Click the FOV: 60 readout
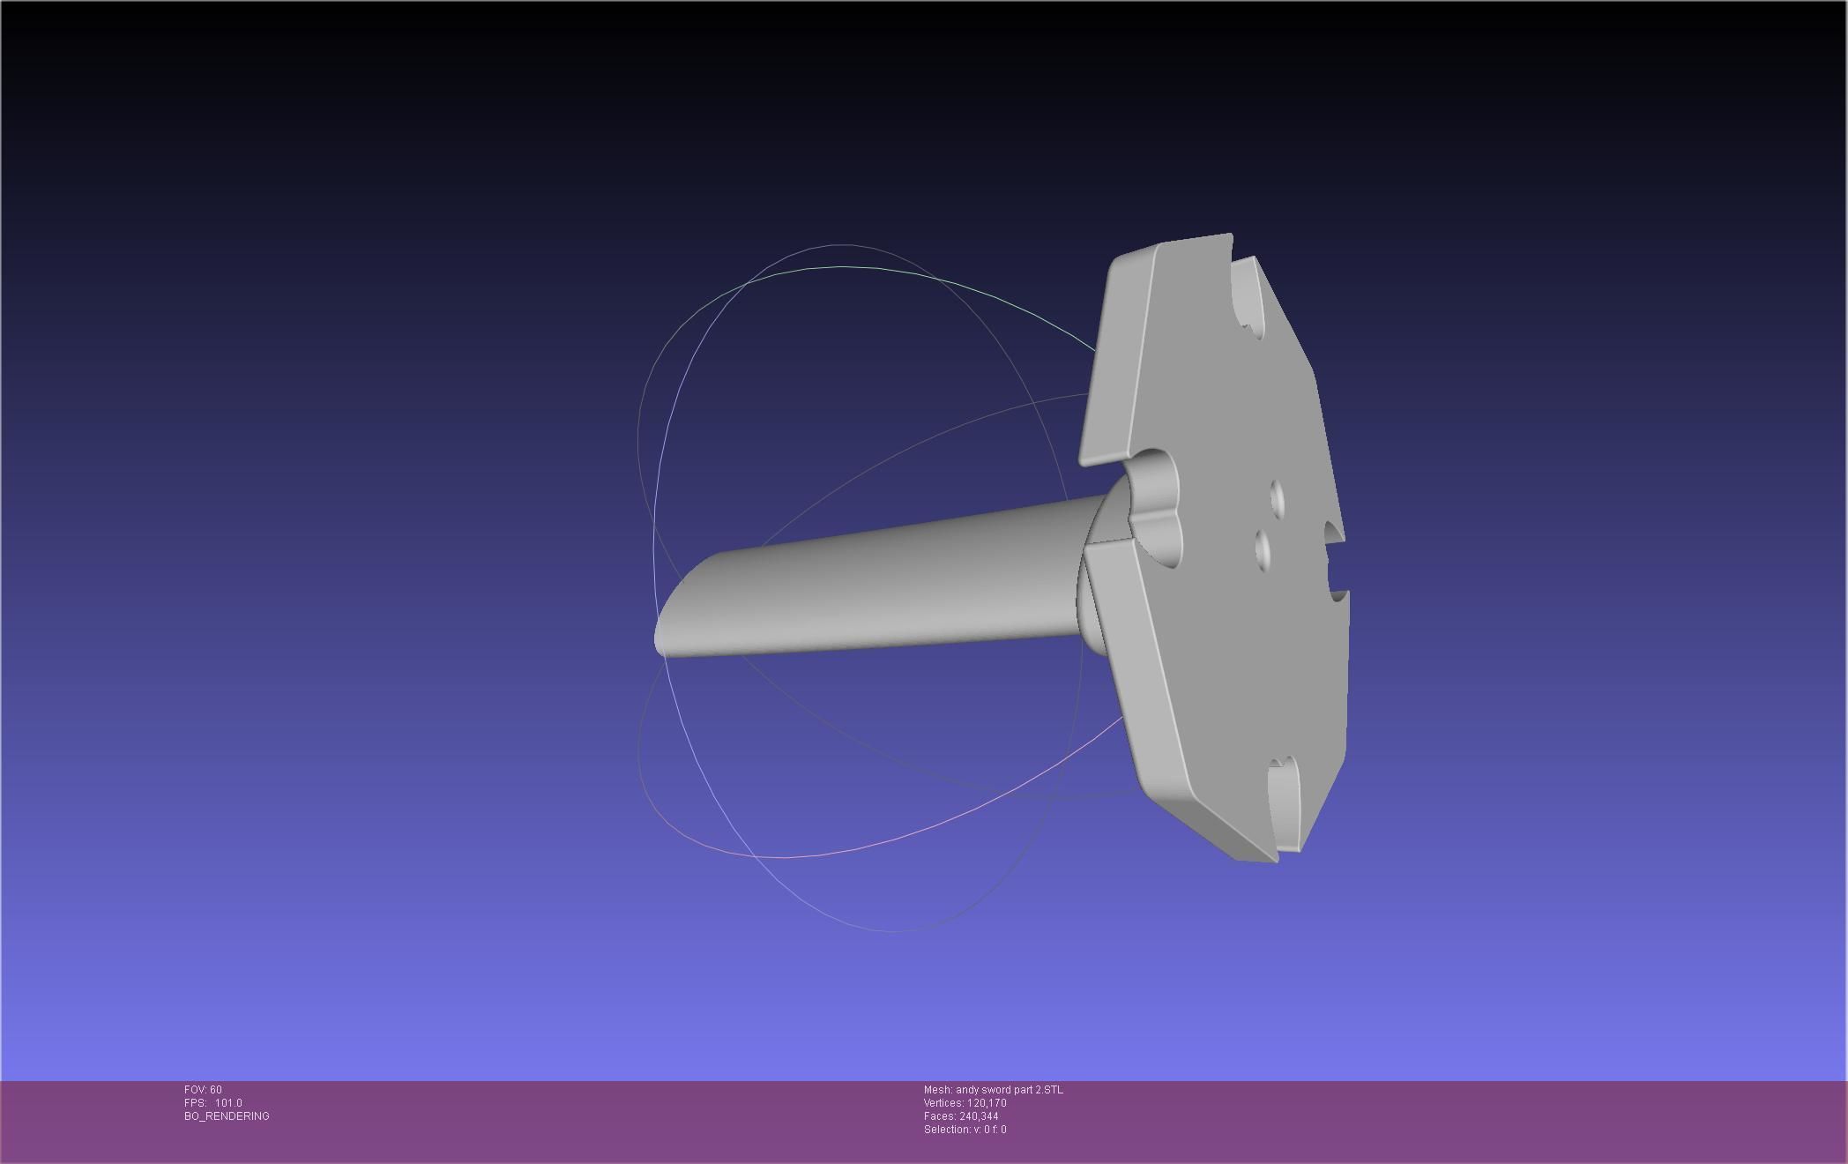pos(203,1090)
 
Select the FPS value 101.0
pos(228,1103)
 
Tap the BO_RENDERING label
pos(227,1116)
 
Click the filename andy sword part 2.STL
pos(1010,1090)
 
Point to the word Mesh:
pos(938,1090)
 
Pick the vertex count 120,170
pos(987,1103)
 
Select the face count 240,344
pos(979,1116)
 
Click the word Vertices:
pos(943,1103)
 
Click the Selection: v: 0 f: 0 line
pos(965,1130)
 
